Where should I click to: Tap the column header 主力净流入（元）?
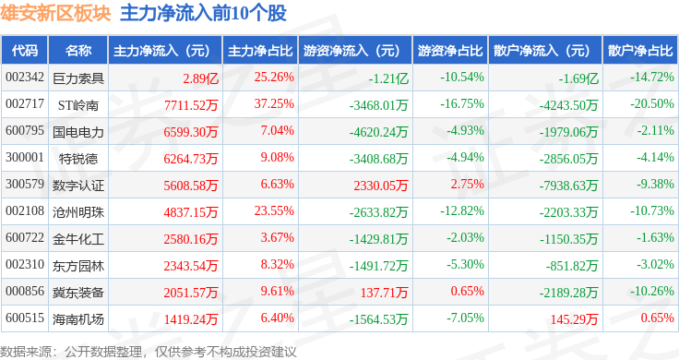160,50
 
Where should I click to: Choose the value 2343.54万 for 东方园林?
192,266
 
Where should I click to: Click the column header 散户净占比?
638,50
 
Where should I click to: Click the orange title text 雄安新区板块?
55,13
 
